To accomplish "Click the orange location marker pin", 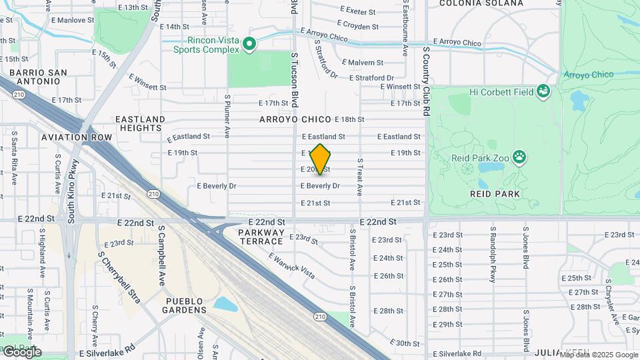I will pyautogui.click(x=321, y=159).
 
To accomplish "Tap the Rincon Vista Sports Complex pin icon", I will pyautogui.click(x=249, y=45).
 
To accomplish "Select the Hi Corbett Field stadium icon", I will pyautogui.click(x=544, y=91).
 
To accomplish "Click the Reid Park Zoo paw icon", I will pyautogui.click(x=519, y=157).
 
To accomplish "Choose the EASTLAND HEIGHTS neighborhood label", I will pyautogui.click(x=140, y=123).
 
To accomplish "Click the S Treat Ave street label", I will pyautogui.click(x=360, y=177).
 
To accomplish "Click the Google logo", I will pyautogui.click(x=21, y=351).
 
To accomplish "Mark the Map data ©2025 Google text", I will pyautogui.click(x=598, y=355).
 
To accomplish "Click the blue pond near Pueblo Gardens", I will pyautogui.click(x=225, y=304).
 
